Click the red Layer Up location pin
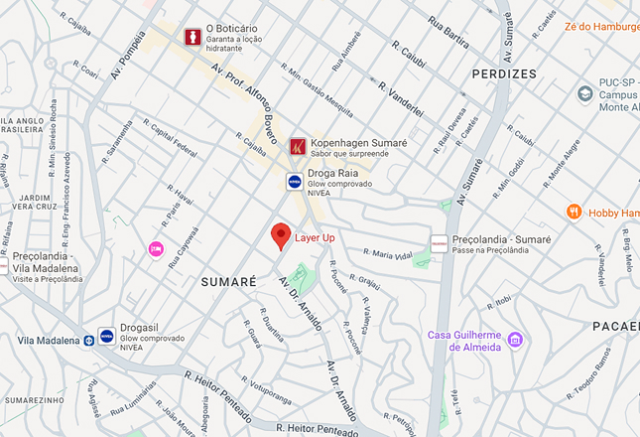pos(281,236)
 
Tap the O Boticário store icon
pos(192,36)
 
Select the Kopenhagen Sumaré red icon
pos(298,147)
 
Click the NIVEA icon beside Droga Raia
pos(295,181)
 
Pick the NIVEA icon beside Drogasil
pos(106,336)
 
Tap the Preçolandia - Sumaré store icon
pos(439,243)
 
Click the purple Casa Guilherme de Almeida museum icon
pos(514,341)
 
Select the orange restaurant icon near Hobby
pos(574,212)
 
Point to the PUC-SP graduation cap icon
pos(585,93)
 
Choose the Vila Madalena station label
pos(48,341)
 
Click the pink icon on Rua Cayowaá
pos(156,247)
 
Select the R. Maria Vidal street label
pos(387,254)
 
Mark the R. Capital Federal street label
pos(170,138)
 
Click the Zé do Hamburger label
pos(601,27)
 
